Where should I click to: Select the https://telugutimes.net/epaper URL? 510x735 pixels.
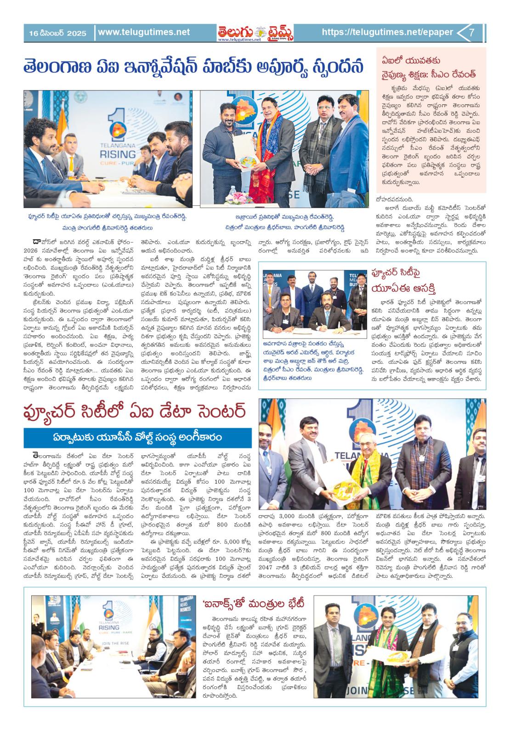(x=387, y=33)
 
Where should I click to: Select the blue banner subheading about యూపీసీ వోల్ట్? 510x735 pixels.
(x=138, y=435)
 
